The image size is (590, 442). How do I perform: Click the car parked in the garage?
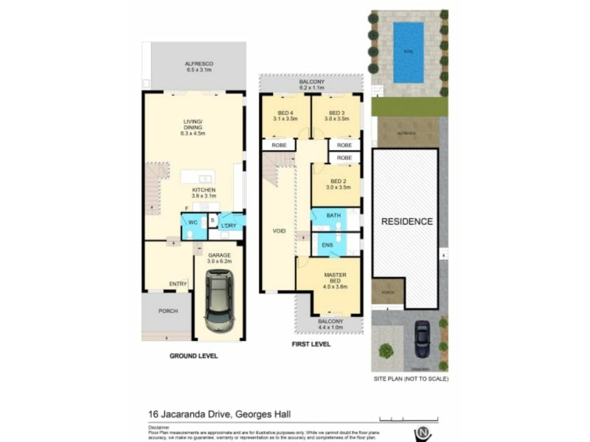point(219,300)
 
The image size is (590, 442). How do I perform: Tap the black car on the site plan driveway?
point(422,339)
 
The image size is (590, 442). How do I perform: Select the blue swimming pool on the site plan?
point(408,52)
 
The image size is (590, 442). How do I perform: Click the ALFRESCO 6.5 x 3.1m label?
point(198,67)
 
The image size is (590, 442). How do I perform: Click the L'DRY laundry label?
point(228,225)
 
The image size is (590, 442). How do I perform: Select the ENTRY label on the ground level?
point(177,283)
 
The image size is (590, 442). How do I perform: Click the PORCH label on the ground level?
point(167,311)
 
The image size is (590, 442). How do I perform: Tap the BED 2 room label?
point(337,184)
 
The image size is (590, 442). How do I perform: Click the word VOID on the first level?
point(279,231)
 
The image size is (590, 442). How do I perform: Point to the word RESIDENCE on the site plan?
point(406,221)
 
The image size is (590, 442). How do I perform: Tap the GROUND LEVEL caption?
point(194,355)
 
